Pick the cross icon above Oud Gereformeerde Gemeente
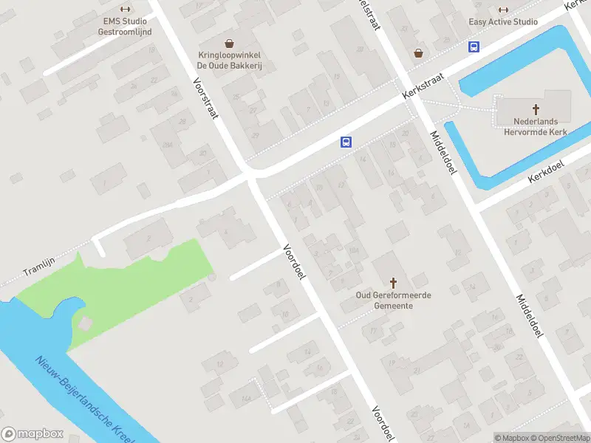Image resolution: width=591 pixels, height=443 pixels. coord(393,283)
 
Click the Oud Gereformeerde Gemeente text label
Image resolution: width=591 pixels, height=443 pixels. coord(393,301)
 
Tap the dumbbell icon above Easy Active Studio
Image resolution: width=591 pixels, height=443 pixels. coord(503,10)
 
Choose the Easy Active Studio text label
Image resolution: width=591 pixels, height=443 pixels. coord(503,22)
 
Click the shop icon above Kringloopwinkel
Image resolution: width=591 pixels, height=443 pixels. coord(230,43)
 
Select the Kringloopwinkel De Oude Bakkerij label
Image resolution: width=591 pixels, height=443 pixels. coord(230,61)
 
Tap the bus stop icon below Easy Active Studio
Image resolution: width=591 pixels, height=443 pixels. coord(474,47)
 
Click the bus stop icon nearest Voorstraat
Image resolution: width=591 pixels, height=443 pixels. coord(345,142)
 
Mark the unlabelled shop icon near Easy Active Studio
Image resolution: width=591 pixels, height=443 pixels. coord(419,53)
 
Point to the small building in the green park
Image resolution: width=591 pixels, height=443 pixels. coord(86,323)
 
